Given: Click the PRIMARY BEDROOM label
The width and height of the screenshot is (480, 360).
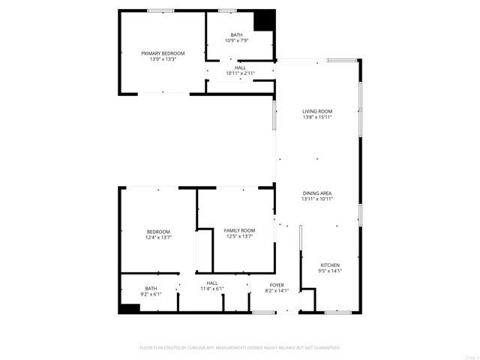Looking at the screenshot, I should click(163, 53).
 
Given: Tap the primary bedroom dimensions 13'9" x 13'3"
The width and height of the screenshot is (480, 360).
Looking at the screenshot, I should click(163, 59).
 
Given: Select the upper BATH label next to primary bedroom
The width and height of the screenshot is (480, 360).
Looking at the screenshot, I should click(236, 35).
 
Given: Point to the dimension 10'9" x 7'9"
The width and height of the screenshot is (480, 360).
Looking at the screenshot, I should click(236, 40).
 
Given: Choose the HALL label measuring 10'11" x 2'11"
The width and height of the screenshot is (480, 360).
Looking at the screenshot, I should click(240, 67).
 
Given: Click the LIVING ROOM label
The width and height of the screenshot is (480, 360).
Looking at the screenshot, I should click(317, 111).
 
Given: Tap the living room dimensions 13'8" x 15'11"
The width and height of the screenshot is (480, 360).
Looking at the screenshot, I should click(317, 117).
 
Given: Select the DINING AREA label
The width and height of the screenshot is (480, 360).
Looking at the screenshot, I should click(317, 193).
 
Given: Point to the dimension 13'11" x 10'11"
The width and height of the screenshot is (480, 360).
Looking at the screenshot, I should click(317, 199).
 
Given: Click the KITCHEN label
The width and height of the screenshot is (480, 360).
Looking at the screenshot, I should click(330, 265).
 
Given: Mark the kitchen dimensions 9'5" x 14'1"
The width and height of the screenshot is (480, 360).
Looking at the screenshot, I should click(330, 271).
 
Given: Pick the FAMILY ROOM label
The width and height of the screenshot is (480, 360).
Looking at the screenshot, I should click(239, 230).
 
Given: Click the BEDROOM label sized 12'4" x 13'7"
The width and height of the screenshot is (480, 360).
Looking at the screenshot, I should click(158, 231).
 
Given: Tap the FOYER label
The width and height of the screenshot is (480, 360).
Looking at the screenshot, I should click(277, 285).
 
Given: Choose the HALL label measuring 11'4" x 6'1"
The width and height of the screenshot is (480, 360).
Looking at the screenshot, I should click(212, 283).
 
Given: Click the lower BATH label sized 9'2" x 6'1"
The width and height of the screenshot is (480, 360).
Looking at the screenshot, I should click(151, 289).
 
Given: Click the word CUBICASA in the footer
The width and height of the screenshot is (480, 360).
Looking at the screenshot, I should click(198, 347).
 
